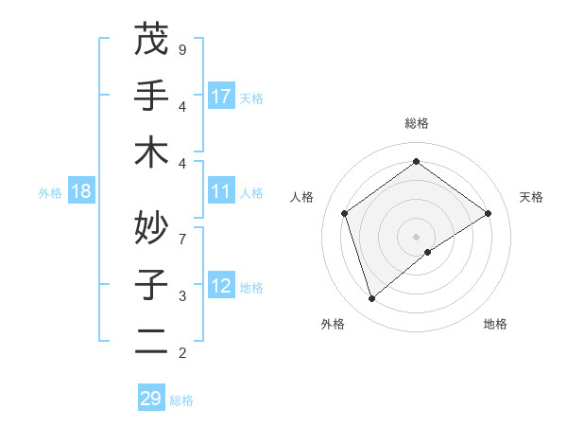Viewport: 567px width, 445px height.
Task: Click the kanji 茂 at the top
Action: coord(151,41)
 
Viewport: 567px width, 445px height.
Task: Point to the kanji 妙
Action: coord(151,226)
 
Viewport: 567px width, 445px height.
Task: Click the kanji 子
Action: coord(151,284)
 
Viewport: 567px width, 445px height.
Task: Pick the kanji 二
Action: coord(151,340)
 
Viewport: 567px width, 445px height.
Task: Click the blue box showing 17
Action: coord(221,96)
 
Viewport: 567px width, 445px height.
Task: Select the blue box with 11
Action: coord(221,191)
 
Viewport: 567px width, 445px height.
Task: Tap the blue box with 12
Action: coord(221,286)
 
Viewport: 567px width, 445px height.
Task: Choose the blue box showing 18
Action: coord(81,191)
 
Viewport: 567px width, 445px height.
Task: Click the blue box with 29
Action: coord(151,399)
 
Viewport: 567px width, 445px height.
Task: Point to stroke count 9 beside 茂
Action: coord(182,49)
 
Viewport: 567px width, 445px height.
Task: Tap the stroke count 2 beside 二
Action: coord(182,353)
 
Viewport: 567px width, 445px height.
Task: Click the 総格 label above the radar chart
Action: coord(416,123)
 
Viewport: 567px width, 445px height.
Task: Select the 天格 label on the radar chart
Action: coord(531,197)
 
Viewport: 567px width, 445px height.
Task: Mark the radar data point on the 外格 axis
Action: coord(372,299)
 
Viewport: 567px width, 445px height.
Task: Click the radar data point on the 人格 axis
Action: coord(345,213)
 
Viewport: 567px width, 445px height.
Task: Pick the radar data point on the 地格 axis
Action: coord(428,252)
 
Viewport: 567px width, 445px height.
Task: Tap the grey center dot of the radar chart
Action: coord(416,236)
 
